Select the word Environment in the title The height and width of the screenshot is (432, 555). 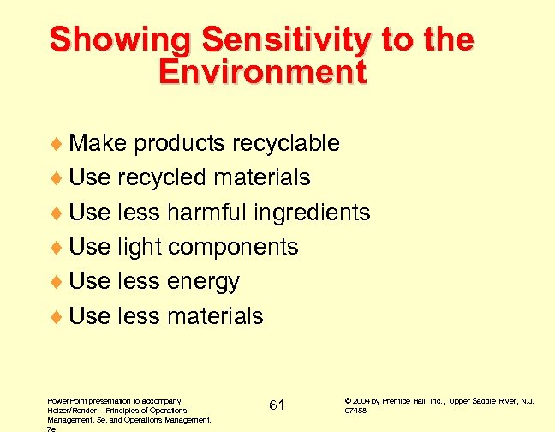pyautogui.click(x=263, y=72)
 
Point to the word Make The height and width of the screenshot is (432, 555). pyautogui.click(x=98, y=143)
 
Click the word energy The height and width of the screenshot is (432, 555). pyautogui.click(x=204, y=281)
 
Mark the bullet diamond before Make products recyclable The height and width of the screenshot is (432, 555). pyautogui.click(x=57, y=144)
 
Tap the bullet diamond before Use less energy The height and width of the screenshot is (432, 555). pyautogui.click(x=57, y=282)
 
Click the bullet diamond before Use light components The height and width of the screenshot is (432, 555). pyautogui.click(x=57, y=248)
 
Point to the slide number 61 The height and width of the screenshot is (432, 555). pyautogui.click(x=277, y=405)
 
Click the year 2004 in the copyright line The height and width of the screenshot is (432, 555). pyautogui.click(x=360, y=400)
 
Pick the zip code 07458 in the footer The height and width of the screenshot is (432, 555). pyautogui.click(x=355, y=411)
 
